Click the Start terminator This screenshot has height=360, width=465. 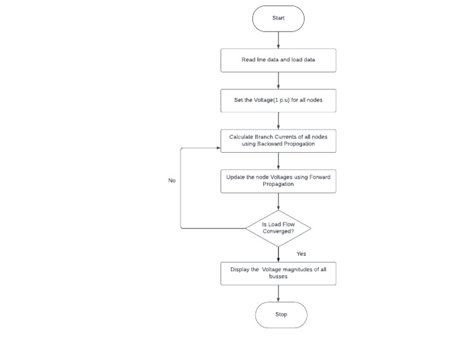point(278,18)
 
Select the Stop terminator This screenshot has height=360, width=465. point(281,315)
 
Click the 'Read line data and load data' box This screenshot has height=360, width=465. point(278,61)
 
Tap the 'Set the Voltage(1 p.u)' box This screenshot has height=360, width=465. point(278,100)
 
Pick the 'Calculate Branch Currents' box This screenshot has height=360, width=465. point(278,141)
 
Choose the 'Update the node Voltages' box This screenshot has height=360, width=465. point(278,181)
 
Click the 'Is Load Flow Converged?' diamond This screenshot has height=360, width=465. point(278,228)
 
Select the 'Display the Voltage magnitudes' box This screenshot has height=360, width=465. point(278,273)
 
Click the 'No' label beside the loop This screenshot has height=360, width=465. point(172,181)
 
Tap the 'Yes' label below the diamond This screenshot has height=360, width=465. point(301,254)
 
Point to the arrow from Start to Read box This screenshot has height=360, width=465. point(278,40)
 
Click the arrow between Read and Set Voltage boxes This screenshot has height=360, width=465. point(278,80)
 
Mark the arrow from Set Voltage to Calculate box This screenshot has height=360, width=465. point(278,120)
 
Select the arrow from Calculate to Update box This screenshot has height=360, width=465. point(278,161)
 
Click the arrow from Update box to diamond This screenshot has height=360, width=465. point(278,202)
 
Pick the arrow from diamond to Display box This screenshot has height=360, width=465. point(278,253)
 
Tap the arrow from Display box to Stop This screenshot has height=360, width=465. point(278,293)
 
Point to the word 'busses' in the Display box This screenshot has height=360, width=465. point(278,276)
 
